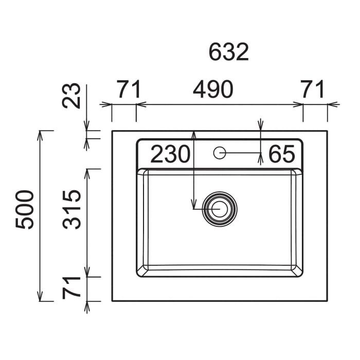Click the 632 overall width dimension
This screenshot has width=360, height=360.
(229, 52)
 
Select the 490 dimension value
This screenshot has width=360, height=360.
(213, 89)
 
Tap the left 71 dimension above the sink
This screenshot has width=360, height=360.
(129, 89)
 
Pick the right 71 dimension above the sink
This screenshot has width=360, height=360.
(312, 89)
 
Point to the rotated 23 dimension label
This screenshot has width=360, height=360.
(71, 96)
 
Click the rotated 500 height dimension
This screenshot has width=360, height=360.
(25, 210)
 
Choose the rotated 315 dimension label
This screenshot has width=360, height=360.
(71, 210)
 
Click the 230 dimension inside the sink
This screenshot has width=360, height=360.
(170, 154)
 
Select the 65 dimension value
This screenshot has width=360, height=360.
(281, 154)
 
